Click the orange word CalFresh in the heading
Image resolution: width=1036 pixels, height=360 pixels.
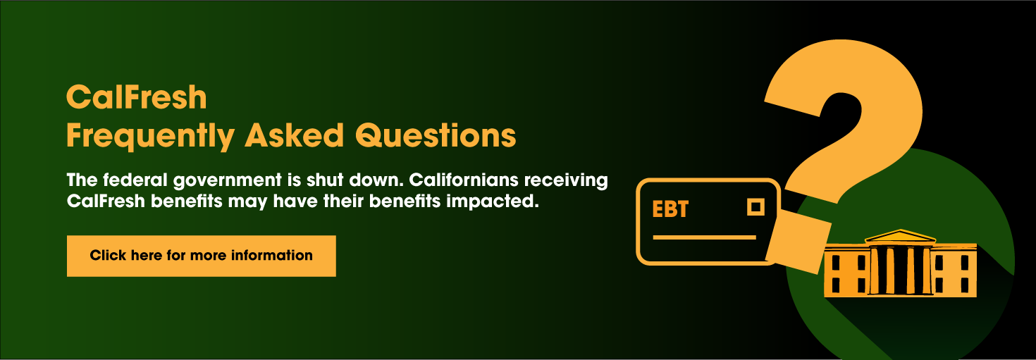(x=136, y=97)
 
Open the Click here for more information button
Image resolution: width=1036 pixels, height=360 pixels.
(x=201, y=256)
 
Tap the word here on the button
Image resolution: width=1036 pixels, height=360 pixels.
(x=146, y=255)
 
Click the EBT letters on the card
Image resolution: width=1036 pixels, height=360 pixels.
(x=670, y=209)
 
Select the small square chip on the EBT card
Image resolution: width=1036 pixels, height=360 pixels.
(x=756, y=207)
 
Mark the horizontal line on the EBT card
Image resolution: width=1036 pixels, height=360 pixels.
(x=704, y=237)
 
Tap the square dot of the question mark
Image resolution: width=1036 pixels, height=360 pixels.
(x=798, y=244)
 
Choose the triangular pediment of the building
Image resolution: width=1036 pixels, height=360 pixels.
(x=900, y=236)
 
